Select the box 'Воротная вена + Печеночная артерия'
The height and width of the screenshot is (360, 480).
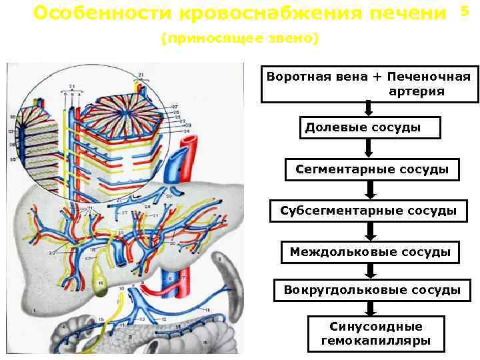point(369,83)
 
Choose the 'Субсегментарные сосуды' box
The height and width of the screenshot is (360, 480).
point(368,211)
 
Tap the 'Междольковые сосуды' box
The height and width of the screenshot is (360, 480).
point(370,252)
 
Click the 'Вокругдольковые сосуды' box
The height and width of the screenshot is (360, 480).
point(371,290)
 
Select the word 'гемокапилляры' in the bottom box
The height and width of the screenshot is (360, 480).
point(376,341)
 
